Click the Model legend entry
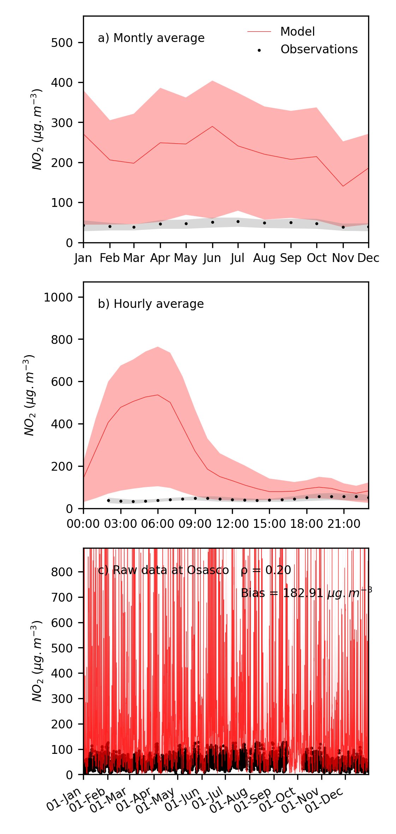pos(297,32)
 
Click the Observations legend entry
pos(319,49)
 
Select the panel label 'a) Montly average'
pos(151,38)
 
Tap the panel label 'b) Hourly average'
pos(151,304)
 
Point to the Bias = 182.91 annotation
pos(306,593)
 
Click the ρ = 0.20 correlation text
pos(266,570)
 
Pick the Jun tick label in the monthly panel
pos(212,258)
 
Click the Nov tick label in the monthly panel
pos(343,258)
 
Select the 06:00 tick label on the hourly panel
pos(158,524)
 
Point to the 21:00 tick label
pos(344,524)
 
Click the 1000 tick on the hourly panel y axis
pos(58,297)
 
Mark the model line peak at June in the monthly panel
pos(212,126)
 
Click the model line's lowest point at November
pos(343,186)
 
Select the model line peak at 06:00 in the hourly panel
pos(158,395)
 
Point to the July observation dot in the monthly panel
pos(238,221)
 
